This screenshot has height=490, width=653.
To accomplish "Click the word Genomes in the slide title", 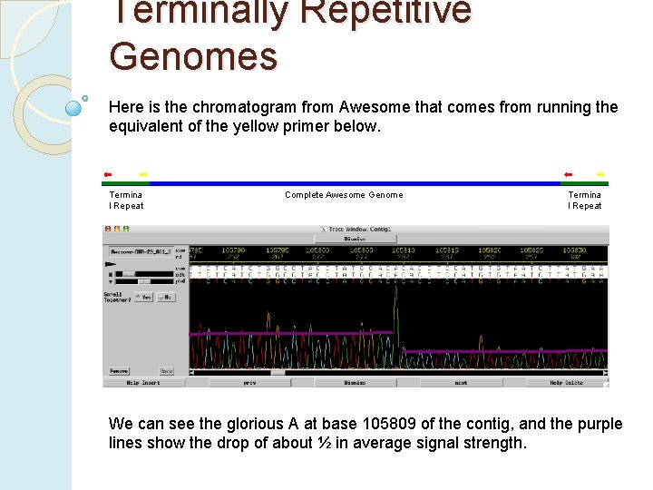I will pos(193,56).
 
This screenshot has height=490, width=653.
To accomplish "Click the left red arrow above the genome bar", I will pos(108,173).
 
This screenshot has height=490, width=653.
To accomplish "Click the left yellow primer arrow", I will pos(142,173).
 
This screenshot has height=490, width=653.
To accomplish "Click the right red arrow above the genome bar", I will pos(568,173).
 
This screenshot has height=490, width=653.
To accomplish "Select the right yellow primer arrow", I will pos(599,173).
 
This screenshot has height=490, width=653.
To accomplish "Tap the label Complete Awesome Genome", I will pos(344,195).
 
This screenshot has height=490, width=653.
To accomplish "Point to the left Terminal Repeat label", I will pos(126,201).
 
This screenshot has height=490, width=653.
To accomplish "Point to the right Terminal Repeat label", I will pos(585,201).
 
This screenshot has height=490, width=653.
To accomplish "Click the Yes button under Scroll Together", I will pos(143,296).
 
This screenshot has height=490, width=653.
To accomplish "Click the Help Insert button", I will pos(144,383).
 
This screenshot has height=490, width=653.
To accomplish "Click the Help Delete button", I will pos(567,383).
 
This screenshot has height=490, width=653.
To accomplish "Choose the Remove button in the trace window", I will pos(119,371).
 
